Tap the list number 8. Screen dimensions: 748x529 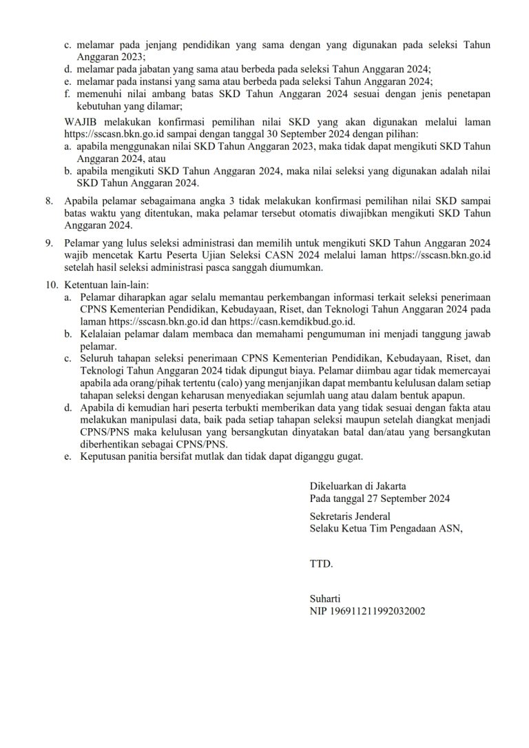click(x=49, y=201)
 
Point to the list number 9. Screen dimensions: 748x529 click(x=49, y=243)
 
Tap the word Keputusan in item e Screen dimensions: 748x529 click(x=103, y=456)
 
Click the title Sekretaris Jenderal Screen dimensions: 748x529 click(x=350, y=516)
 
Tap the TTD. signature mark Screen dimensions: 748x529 click(x=321, y=564)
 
